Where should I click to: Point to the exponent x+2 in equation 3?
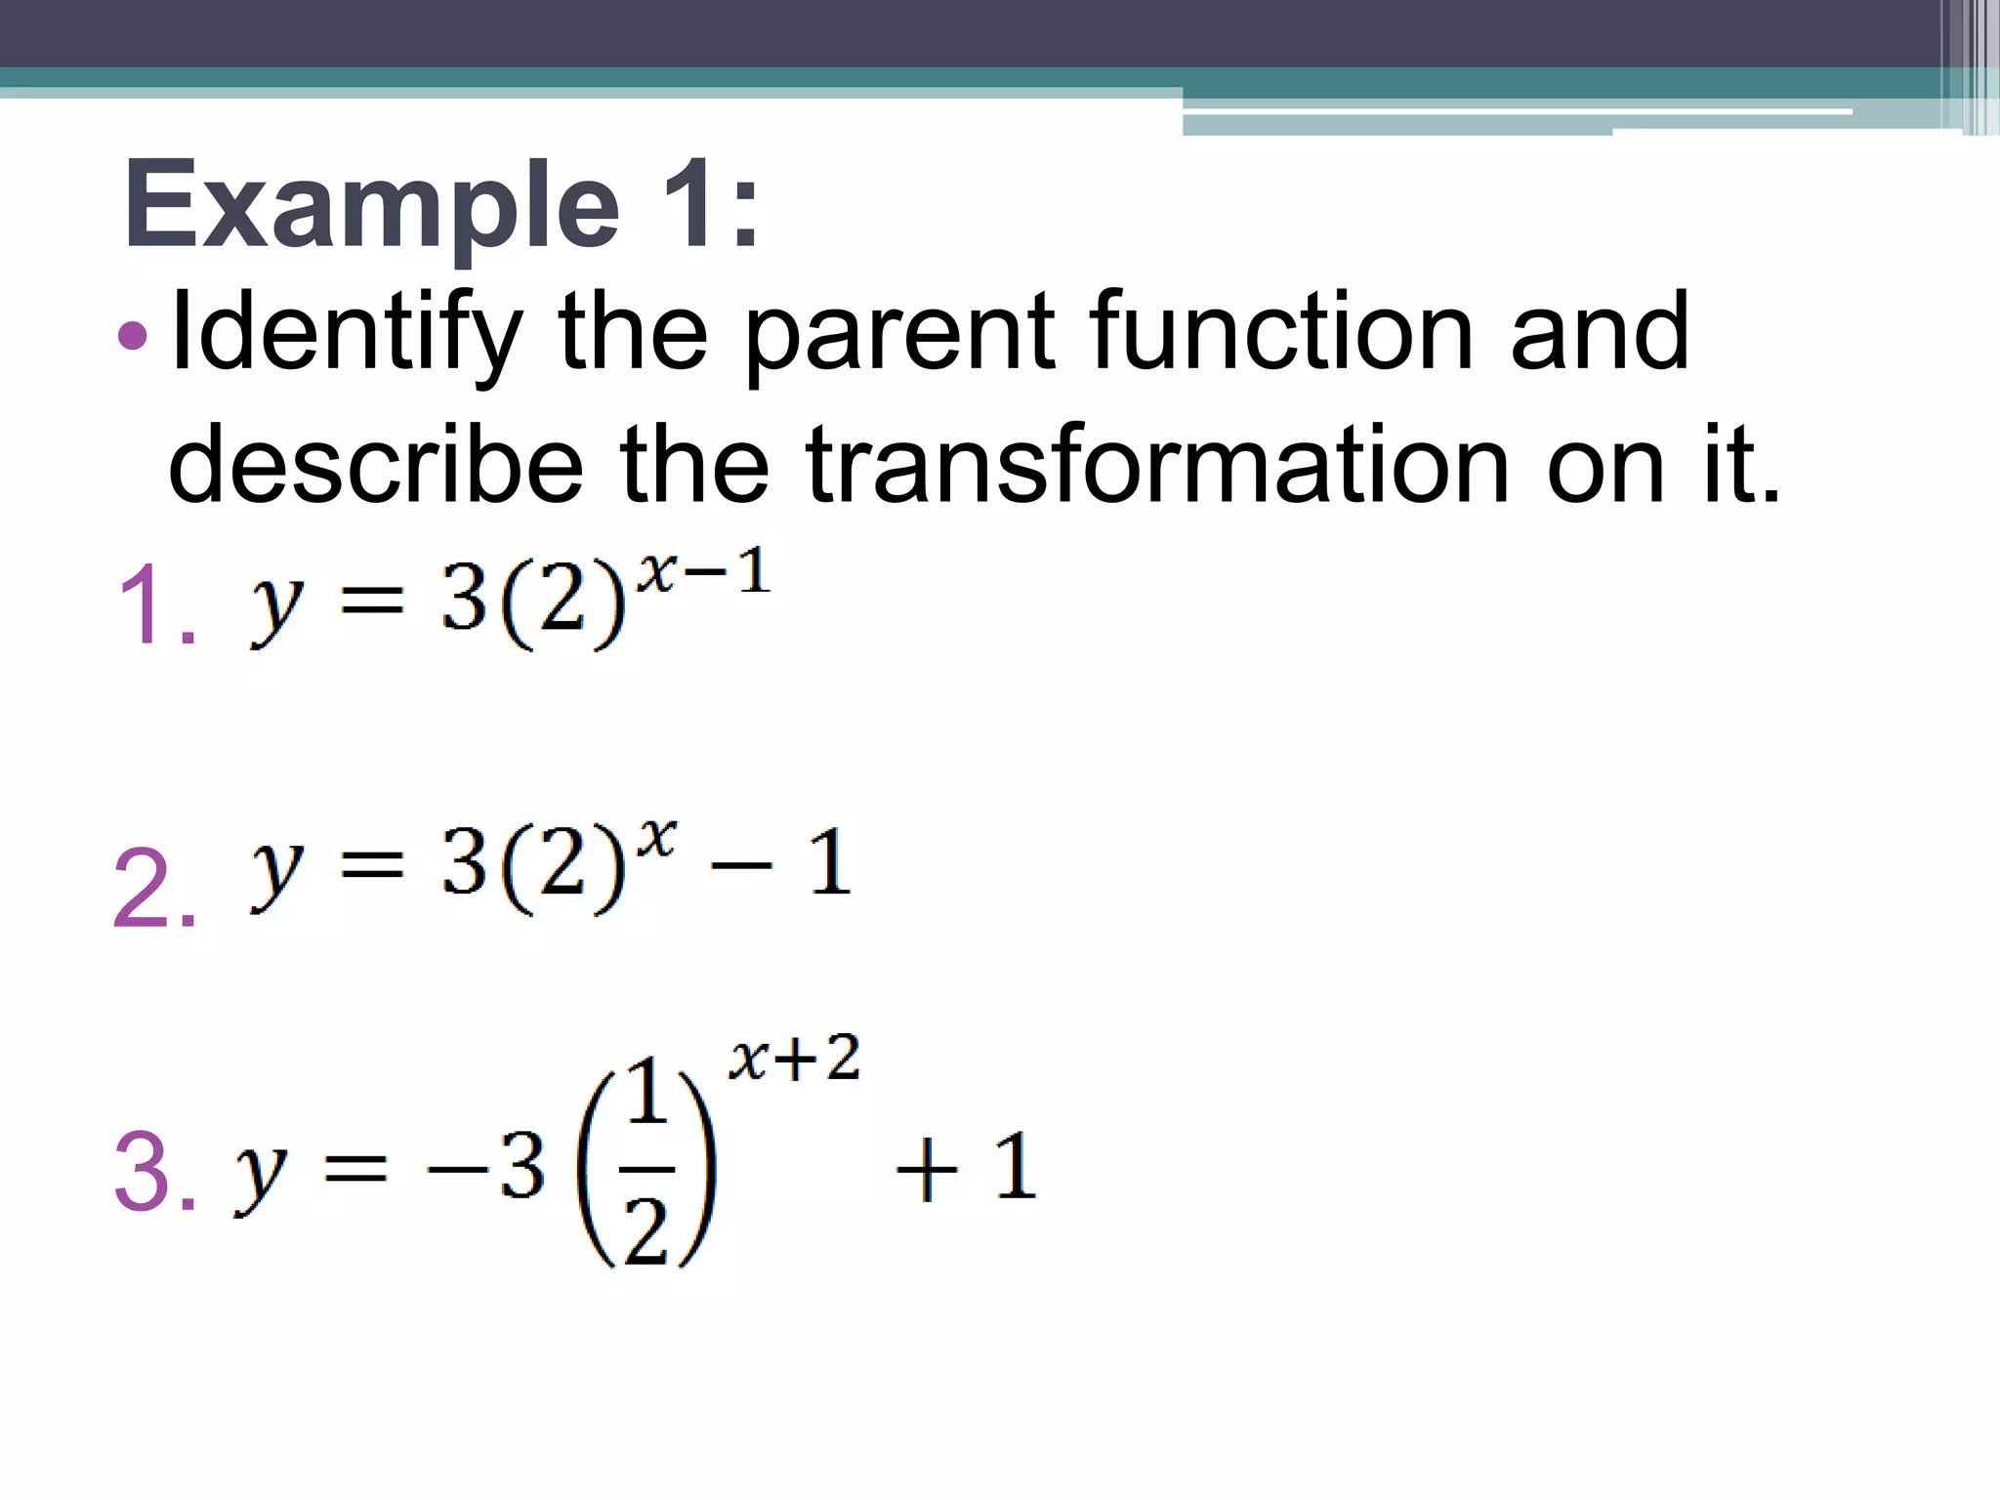click(x=794, y=1058)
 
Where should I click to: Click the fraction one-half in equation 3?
click(x=647, y=1167)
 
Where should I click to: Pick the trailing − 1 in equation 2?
click(x=781, y=863)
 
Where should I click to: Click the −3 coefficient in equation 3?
click(x=485, y=1168)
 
